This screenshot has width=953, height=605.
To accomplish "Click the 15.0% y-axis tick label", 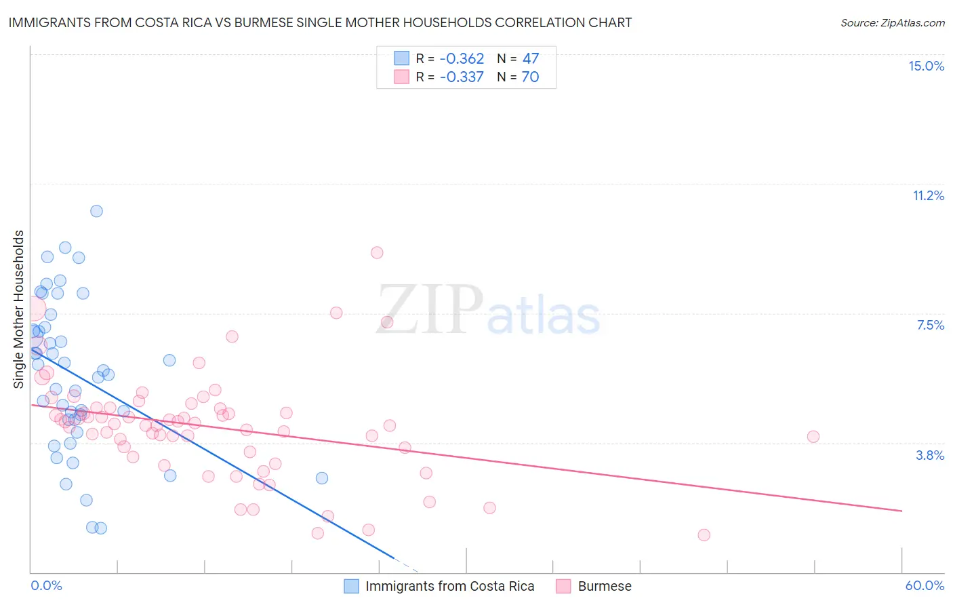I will (x=926, y=66).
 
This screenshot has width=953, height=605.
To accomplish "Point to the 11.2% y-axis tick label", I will (x=928, y=195).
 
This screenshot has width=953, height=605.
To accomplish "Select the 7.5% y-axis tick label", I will (x=930, y=325).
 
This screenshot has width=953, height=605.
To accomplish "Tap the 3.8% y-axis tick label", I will (x=930, y=455).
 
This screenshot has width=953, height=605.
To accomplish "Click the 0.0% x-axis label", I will (x=46, y=585).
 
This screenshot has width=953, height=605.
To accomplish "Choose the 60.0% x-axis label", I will (x=924, y=585).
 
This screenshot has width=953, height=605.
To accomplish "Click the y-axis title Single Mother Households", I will (x=19, y=309).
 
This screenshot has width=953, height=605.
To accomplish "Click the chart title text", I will (x=320, y=22).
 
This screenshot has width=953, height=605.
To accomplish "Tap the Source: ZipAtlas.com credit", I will (x=892, y=22).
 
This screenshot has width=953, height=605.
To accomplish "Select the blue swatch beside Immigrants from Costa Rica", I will (x=351, y=586).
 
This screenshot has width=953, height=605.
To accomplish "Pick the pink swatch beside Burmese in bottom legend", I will (x=563, y=586).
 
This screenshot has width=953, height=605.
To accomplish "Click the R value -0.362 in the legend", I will (x=462, y=58).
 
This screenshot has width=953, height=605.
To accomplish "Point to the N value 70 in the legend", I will (x=530, y=77).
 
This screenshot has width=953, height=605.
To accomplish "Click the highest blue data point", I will (x=96, y=211).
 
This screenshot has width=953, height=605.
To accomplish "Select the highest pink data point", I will (x=377, y=252).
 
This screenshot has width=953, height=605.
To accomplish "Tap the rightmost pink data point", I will (x=813, y=437).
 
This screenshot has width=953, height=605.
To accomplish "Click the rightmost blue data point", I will (x=322, y=478).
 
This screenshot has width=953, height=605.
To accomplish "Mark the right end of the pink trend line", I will (x=902, y=511).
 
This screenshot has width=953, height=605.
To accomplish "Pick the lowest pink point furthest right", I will (x=704, y=535).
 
